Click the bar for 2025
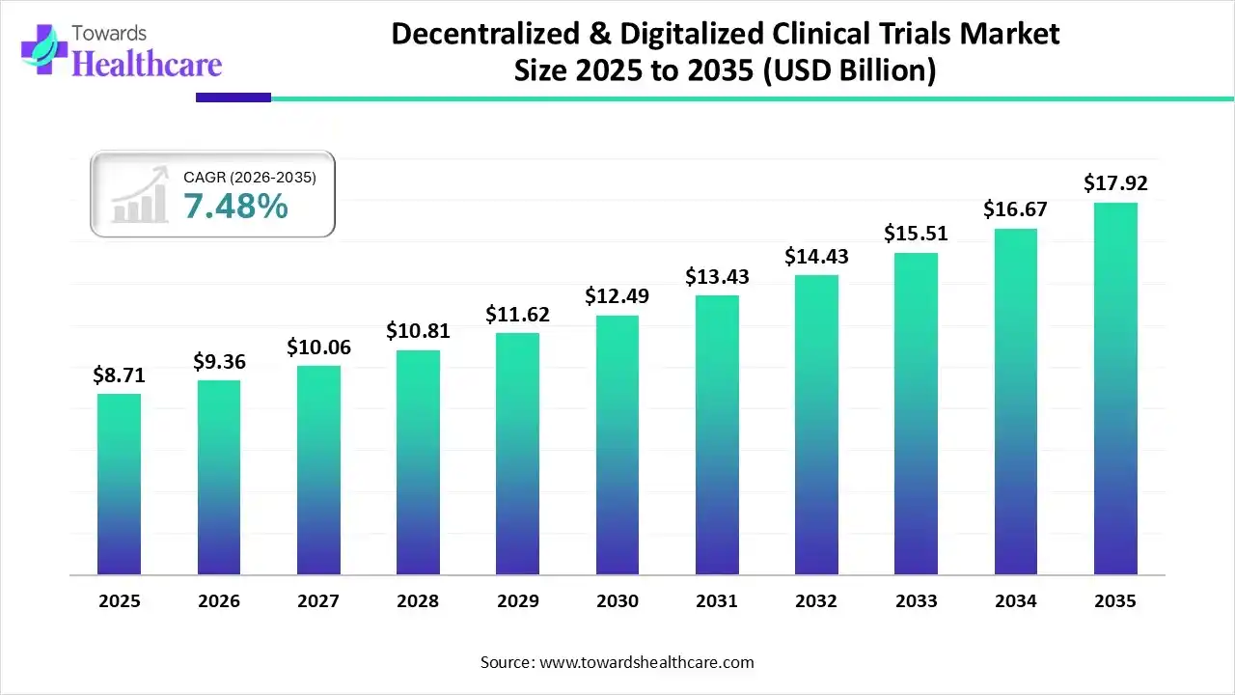(119, 484)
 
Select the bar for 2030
(617, 445)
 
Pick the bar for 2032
(816, 425)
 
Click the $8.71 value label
(119, 375)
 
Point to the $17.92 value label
(1115, 183)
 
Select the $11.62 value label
(517, 315)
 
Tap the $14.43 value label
(816, 257)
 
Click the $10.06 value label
(318, 347)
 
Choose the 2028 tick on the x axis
(418, 601)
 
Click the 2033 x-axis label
(916, 601)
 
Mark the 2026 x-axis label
(218, 601)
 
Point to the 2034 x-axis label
(1016, 601)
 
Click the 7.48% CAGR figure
(235, 206)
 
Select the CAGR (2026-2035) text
(250, 177)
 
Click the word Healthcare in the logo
(147, 64)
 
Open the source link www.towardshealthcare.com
(644, 662)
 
